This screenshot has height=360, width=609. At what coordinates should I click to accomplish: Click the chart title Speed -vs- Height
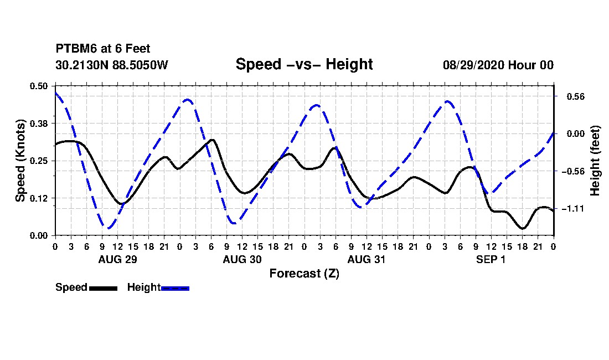pyautogui.click(x=304, y=64)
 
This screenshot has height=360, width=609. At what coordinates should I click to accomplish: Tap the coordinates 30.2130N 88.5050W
pyautogui.click(x=112, y=65)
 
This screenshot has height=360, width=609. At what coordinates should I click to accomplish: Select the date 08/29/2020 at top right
pyautogui.click(x=473, y=65)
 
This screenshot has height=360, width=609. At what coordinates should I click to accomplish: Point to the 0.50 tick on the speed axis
pyautogui.click(x=39, y=86)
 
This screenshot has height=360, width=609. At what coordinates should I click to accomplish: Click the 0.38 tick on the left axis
pyautogui.click(x=39, y=124)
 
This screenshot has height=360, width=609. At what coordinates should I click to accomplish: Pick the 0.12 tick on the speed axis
pyautogui.click(x=39, y=198)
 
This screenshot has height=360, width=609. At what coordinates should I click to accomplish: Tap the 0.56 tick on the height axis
pyautogui.click(x=576, y=97)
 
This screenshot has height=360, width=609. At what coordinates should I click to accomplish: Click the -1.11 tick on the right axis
pyautogui.click(x=573, y=209)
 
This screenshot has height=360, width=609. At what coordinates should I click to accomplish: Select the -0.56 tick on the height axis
pyautogui.click(x=573, y=172)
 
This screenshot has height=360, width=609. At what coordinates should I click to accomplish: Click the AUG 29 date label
pyautogui.click(x=118, y=259)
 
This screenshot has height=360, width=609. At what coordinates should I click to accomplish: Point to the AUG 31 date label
pyautogui.click(x=367, y=259)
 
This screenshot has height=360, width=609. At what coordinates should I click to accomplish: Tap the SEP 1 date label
pyautogui.click(x=491, y=259)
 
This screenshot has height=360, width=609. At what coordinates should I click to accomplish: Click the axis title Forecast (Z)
pyautogui.click(x=304, y=274)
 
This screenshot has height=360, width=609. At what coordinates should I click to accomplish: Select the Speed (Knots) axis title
pyautogui.click(x=20, y=161)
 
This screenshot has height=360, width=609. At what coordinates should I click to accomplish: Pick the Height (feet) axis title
pyautogui.click(x=595, y=161)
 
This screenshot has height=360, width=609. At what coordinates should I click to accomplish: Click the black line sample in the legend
pyautogui.click(x=104, y=289)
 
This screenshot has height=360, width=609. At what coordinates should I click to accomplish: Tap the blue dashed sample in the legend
pyautogui.click(x=175, y=289)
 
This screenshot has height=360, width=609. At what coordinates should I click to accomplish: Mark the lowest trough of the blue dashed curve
pyautogui.click(x=108, y=228)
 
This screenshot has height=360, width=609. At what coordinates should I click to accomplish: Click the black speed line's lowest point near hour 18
pyautogui.click(x=523, y=228)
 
